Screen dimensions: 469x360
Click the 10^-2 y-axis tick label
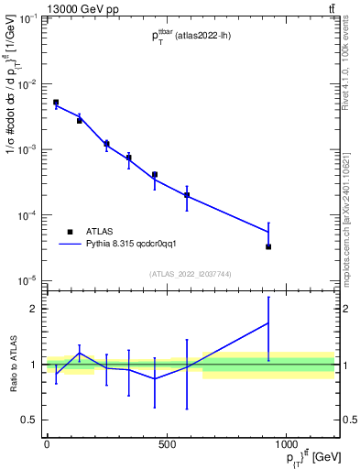pyautogui.click(x=27, y=84)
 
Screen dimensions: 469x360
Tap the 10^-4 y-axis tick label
pyautogui.click(x=27, y=215)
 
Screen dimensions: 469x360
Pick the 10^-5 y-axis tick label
pyautogui.click(x=27, y=280)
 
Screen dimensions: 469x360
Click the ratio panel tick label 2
pyautogui.click(x=33, y=309)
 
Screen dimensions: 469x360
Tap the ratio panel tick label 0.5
pyautogui.click(x=29, y=420)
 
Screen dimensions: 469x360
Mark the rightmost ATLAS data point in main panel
pyautogui.click(x=268, y=246)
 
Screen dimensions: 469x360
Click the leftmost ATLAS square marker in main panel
pyautogui.click(x=56, y=103)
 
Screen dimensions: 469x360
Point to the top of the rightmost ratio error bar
pyautogui.click(x=268, y=297)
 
